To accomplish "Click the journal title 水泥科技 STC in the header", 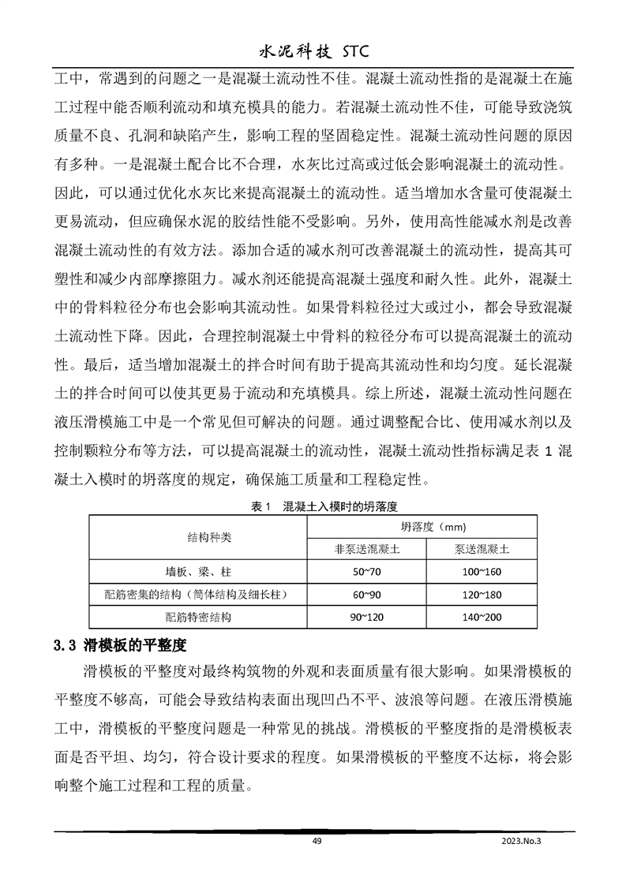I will (313, 53).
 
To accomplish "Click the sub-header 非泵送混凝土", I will (365, 548).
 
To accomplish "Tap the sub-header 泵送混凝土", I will (482, 548).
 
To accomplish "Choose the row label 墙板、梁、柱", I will (198, 571).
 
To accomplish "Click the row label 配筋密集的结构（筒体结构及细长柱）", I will (198, 594).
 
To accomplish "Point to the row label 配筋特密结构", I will (198, 617).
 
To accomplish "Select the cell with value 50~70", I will (365, 571).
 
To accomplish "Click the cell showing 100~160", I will (482, 571).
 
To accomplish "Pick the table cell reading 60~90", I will (365, 594).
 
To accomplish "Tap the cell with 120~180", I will (482, 594).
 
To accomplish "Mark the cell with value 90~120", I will (365, 617).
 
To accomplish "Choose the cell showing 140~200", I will (482, 617).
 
